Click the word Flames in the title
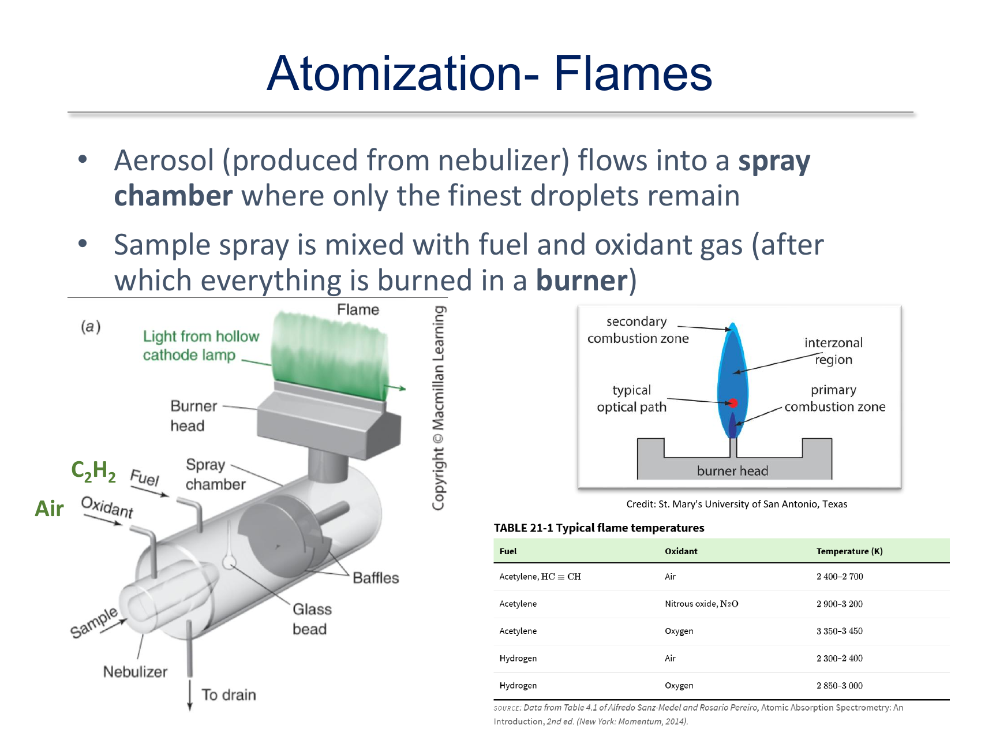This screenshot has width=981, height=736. (x=633, y=73)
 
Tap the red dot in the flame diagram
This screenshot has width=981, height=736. (x=733, y=403)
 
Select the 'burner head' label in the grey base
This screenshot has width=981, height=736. (x=732, y=471)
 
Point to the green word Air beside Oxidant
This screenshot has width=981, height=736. (x=49, y=509)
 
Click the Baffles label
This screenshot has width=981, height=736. (x=376, y=578)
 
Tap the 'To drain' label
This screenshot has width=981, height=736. (x=229, y=694)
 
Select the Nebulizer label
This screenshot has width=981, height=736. (x=135, y=672)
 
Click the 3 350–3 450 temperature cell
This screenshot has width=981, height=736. (x=840, y=631)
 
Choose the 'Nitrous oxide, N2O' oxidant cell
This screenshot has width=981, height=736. (x=701, y=604)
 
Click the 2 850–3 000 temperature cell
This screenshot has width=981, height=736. (x=840, y=686)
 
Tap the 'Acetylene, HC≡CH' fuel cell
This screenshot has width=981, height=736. (x=540, y=577)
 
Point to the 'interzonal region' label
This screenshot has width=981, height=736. (x=833, y=351)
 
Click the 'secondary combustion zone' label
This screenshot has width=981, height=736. (x=638, y=330)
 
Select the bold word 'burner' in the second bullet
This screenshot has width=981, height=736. (x=582, y=281)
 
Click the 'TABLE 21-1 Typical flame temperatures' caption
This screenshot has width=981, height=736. (x=599, y=528)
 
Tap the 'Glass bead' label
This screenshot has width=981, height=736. (x=312, y=619)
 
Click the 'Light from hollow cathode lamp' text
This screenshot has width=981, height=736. (x=201, y=345)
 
